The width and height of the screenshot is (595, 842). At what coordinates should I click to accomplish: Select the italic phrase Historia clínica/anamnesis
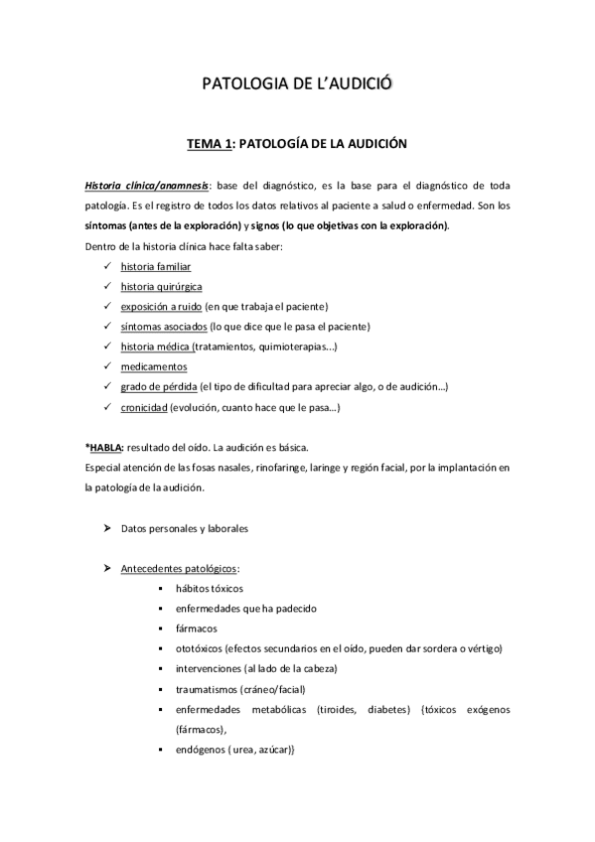145,186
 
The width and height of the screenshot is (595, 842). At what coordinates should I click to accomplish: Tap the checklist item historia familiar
156,267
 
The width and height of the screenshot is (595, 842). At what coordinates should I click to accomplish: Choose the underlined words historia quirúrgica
161,287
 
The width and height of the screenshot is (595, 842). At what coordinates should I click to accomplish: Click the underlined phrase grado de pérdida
159,386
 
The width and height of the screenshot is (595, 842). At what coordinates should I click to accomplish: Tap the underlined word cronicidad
144,407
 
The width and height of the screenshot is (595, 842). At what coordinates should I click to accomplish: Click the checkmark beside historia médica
106,347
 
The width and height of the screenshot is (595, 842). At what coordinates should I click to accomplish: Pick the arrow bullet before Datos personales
106,528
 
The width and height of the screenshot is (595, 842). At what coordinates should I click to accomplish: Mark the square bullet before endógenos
161,750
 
